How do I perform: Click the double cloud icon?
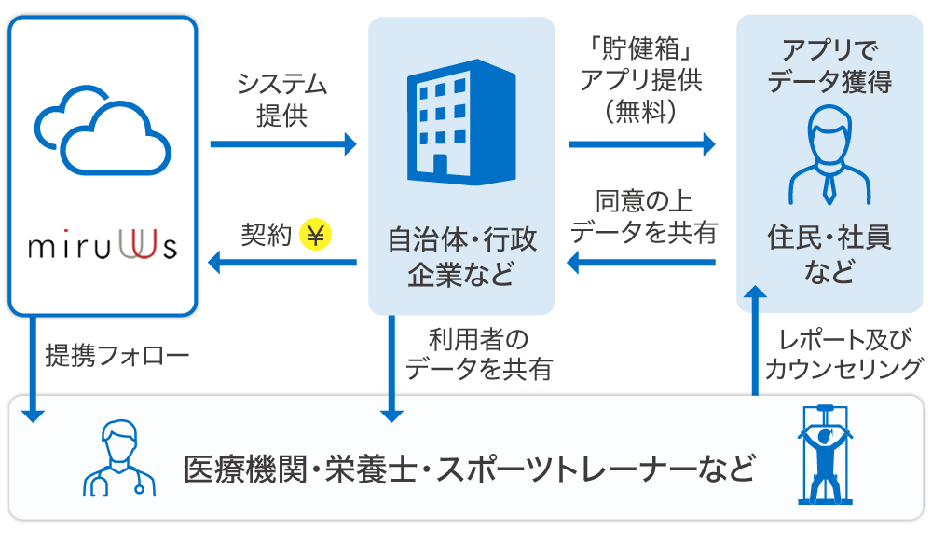tap(103, 131)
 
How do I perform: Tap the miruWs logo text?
tap(103, 249)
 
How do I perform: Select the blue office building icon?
tap(461, 125)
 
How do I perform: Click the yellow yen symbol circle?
tap(317, 236)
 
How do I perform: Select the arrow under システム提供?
tap(283, 144)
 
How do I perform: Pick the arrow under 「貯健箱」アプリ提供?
tap(642, 144)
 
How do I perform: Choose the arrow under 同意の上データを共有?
tap(642, 264)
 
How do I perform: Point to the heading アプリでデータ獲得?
tap(829, 65)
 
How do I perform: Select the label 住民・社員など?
tap(829, 254)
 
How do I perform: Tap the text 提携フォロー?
tap(117, 355)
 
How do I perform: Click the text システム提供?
tap(282, 101)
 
